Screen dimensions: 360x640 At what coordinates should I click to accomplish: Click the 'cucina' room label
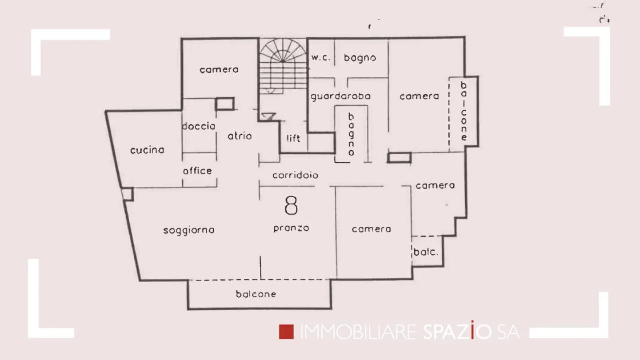tap(147, 150)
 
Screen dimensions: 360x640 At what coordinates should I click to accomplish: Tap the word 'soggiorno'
tap(189, 230)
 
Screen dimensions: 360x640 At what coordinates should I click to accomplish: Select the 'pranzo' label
tap(291, 228)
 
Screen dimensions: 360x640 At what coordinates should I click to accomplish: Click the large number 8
tap(291, 205)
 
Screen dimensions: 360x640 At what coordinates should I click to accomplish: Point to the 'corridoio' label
tap(295, 175)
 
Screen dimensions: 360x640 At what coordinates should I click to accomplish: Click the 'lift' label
tap(293, 138)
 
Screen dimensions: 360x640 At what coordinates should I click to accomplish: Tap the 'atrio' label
tap(240, 136)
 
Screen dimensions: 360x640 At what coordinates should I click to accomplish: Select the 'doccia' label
tap(199, 126)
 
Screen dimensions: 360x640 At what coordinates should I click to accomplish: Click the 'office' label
tap(197, 171)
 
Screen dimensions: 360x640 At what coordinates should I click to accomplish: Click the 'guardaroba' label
tap(340, 96)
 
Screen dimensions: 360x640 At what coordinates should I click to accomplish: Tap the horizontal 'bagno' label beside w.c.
tap(360, 58)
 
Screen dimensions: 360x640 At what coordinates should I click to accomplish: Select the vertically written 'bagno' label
tap(351, 134)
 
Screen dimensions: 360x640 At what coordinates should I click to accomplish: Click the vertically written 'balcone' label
tap(464, 111)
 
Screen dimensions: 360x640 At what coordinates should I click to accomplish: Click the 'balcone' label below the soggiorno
tap(256, 294)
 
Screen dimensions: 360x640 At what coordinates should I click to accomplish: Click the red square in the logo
tap(287, 332)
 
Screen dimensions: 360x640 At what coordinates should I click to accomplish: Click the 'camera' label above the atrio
tap(219, 70)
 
